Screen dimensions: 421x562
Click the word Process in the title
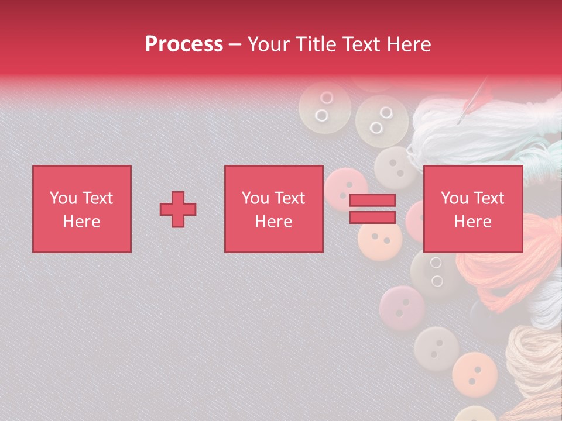pyautogui.click(x=184, y=44)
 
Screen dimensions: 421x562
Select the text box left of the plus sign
pyautogui.click(x=82, y=209)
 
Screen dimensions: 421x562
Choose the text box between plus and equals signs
pyautogui.click(x=273, y=209)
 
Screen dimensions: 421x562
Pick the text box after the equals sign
pyautogui.click(x=472, y=209)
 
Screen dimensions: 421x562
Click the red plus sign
pyautogui.click(x=178, y=209)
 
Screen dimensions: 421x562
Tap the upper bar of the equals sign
pyautogui.click(x=372, y=200)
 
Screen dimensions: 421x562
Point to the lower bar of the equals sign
pyautogui.click(x=372, y=218)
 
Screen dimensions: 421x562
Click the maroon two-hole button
pyautogui.click(x=402, y=308)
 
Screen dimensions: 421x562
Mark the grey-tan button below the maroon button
pyautogui.click(x=436, y=348)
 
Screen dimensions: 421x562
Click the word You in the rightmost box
pyautogui.click(x=454, y=198)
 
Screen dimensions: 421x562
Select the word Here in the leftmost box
pyautogui.click(x=82, y=222)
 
